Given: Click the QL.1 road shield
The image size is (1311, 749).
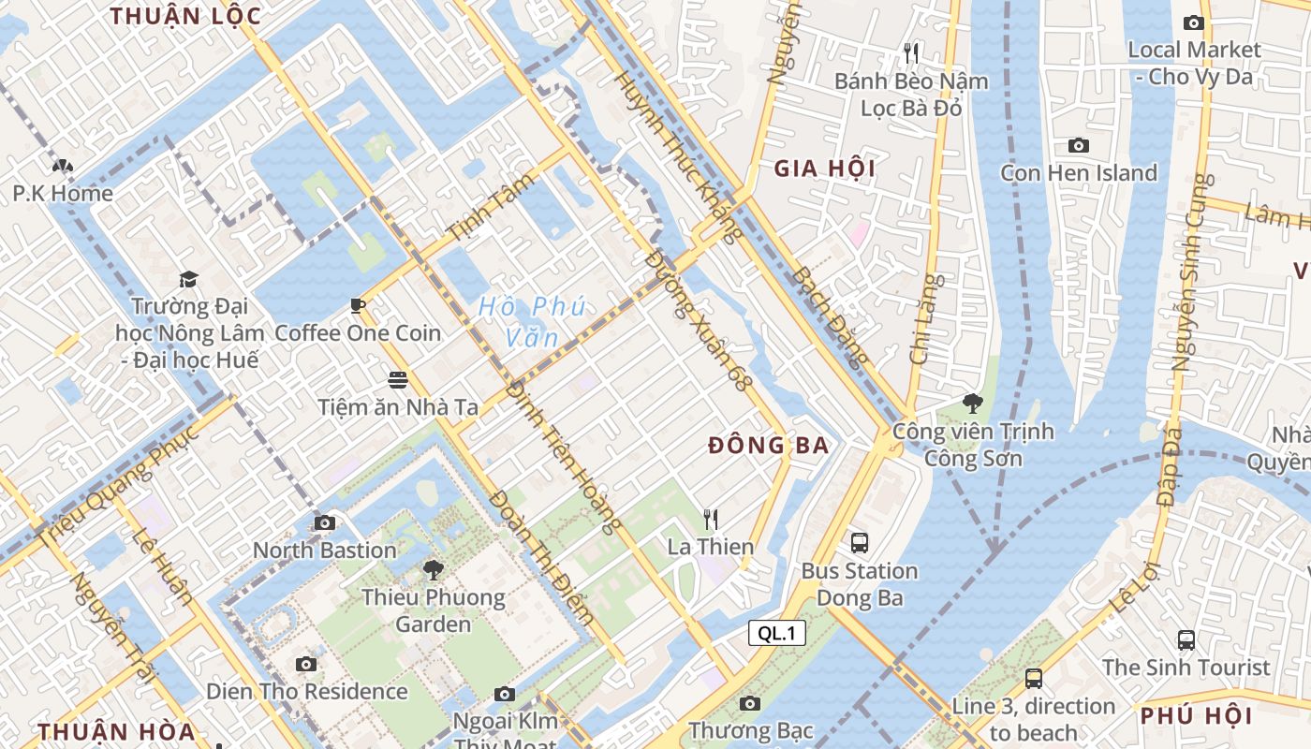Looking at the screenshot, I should (x=777, y=634).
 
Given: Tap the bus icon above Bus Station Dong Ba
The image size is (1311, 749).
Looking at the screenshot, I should (x=859, y=542).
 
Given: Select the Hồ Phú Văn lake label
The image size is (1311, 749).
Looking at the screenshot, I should (x=531, y=321).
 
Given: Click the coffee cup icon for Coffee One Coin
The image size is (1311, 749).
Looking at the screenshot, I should (x=357, y=304).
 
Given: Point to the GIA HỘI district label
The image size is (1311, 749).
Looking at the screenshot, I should (x=825, y=169).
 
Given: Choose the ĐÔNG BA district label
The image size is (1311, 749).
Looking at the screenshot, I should (x=769, y=446).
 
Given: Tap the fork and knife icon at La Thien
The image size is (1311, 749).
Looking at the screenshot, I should (x=711, y=518).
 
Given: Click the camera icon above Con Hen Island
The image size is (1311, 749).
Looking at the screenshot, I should (x=1079, y=145).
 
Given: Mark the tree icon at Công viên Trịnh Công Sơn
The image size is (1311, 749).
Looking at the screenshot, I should (x=972, y=404).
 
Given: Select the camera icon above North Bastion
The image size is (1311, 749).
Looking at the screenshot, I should (x=325, y=522).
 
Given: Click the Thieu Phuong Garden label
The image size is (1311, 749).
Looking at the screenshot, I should (x=433, y=610).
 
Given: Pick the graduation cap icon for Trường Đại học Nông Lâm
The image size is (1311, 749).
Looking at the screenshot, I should (x=189, y=279).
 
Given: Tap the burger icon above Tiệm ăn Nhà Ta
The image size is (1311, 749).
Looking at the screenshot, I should (x=398, y=379).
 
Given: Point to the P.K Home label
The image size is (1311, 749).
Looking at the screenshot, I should (x=63, y=194).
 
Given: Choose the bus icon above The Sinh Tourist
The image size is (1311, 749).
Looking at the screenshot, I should (x=1186, y=640).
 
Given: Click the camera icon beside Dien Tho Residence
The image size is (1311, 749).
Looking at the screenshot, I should (x=305, y=664).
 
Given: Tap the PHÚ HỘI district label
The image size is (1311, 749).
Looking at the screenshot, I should (x=1196, y=716).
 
